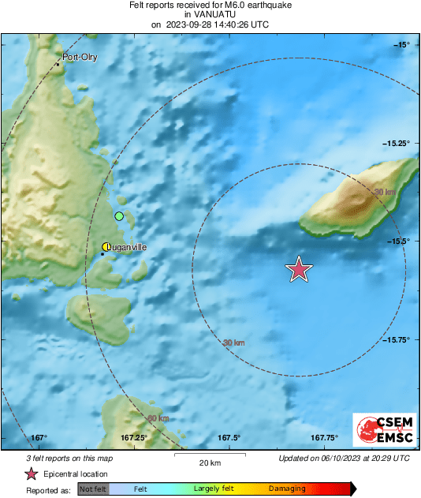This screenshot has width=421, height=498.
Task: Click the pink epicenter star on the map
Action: coord(299,270)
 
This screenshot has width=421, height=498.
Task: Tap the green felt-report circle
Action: coord(119,216)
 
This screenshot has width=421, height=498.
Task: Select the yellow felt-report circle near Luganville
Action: coord(106,247)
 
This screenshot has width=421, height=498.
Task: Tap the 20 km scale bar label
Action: coord(209,462)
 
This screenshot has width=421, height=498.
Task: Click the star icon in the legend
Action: coord(31,474)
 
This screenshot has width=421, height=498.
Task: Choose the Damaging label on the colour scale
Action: coord(287,489)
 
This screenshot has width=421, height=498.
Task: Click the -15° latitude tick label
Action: coord(402,44)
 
